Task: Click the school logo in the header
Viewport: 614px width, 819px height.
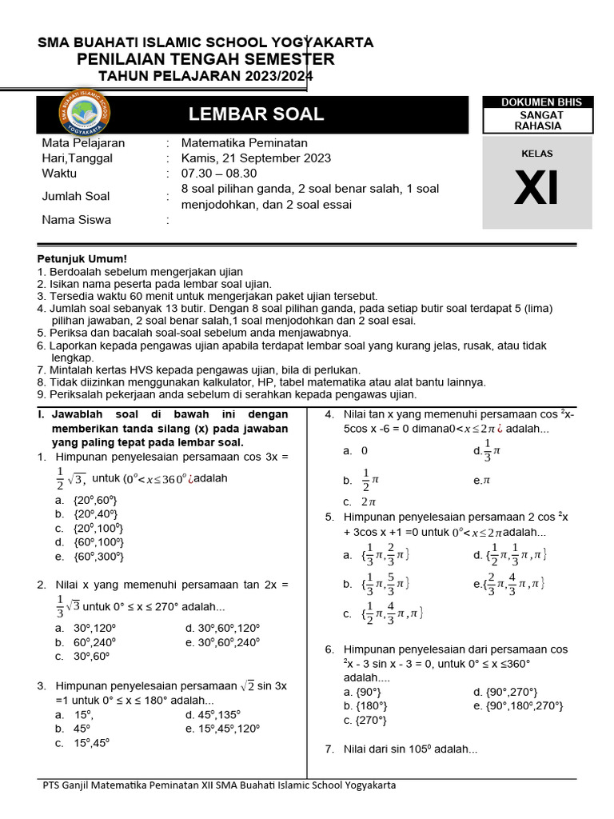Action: click(x=85, y=114)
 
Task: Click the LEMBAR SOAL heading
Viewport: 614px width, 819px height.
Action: click(x=256, y=114)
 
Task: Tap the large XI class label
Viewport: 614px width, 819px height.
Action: click(x=536, y=189)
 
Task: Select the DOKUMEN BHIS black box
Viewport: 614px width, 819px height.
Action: click(x=536, y=102)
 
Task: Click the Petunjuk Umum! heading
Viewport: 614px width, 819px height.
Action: click(x=82, y=259)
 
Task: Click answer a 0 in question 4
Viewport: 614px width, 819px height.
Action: click(x=357, y=450)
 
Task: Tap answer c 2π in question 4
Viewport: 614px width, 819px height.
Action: click(x=361, y=501)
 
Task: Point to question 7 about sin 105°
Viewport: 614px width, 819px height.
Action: click(x=408, y=749)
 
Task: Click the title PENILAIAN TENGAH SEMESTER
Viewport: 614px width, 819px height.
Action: click(x=205, y=60)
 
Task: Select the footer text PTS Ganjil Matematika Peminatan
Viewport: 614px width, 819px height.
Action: click(x=218, y=785)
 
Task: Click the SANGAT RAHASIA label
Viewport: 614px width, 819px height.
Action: click(x=536, y=120)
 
